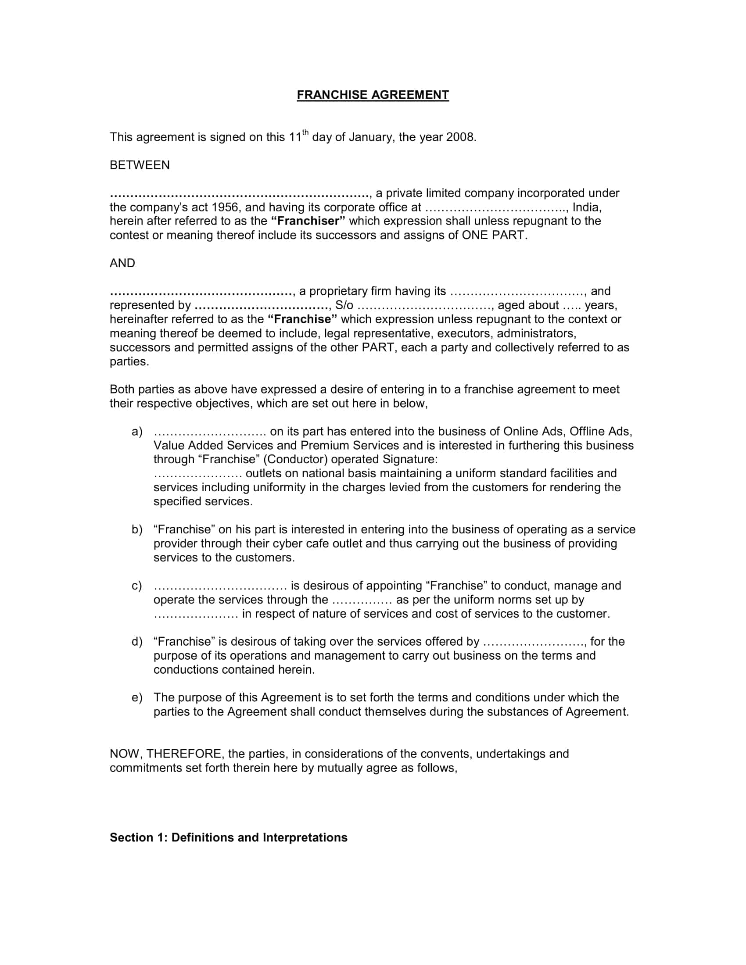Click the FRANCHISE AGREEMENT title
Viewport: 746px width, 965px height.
click(373, 95)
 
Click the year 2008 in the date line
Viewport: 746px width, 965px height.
click(460, 137)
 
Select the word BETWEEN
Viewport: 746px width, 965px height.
click(140, 165)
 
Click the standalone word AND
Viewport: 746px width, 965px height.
click(122, 263)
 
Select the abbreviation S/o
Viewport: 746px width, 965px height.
click(344, 305)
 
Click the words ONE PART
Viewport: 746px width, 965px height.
click(494, 235)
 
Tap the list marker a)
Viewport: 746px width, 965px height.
click(137, 432)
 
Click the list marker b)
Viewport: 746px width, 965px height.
click(137, 530)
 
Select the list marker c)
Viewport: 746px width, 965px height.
click(137, 586)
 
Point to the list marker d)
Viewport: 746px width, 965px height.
click(137, 642)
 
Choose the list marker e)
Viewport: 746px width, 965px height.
click(137, 698)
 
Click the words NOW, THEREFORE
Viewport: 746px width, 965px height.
click(166, 754)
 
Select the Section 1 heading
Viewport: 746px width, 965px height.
click(229, 838)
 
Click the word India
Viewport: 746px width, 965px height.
click(586, 207)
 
